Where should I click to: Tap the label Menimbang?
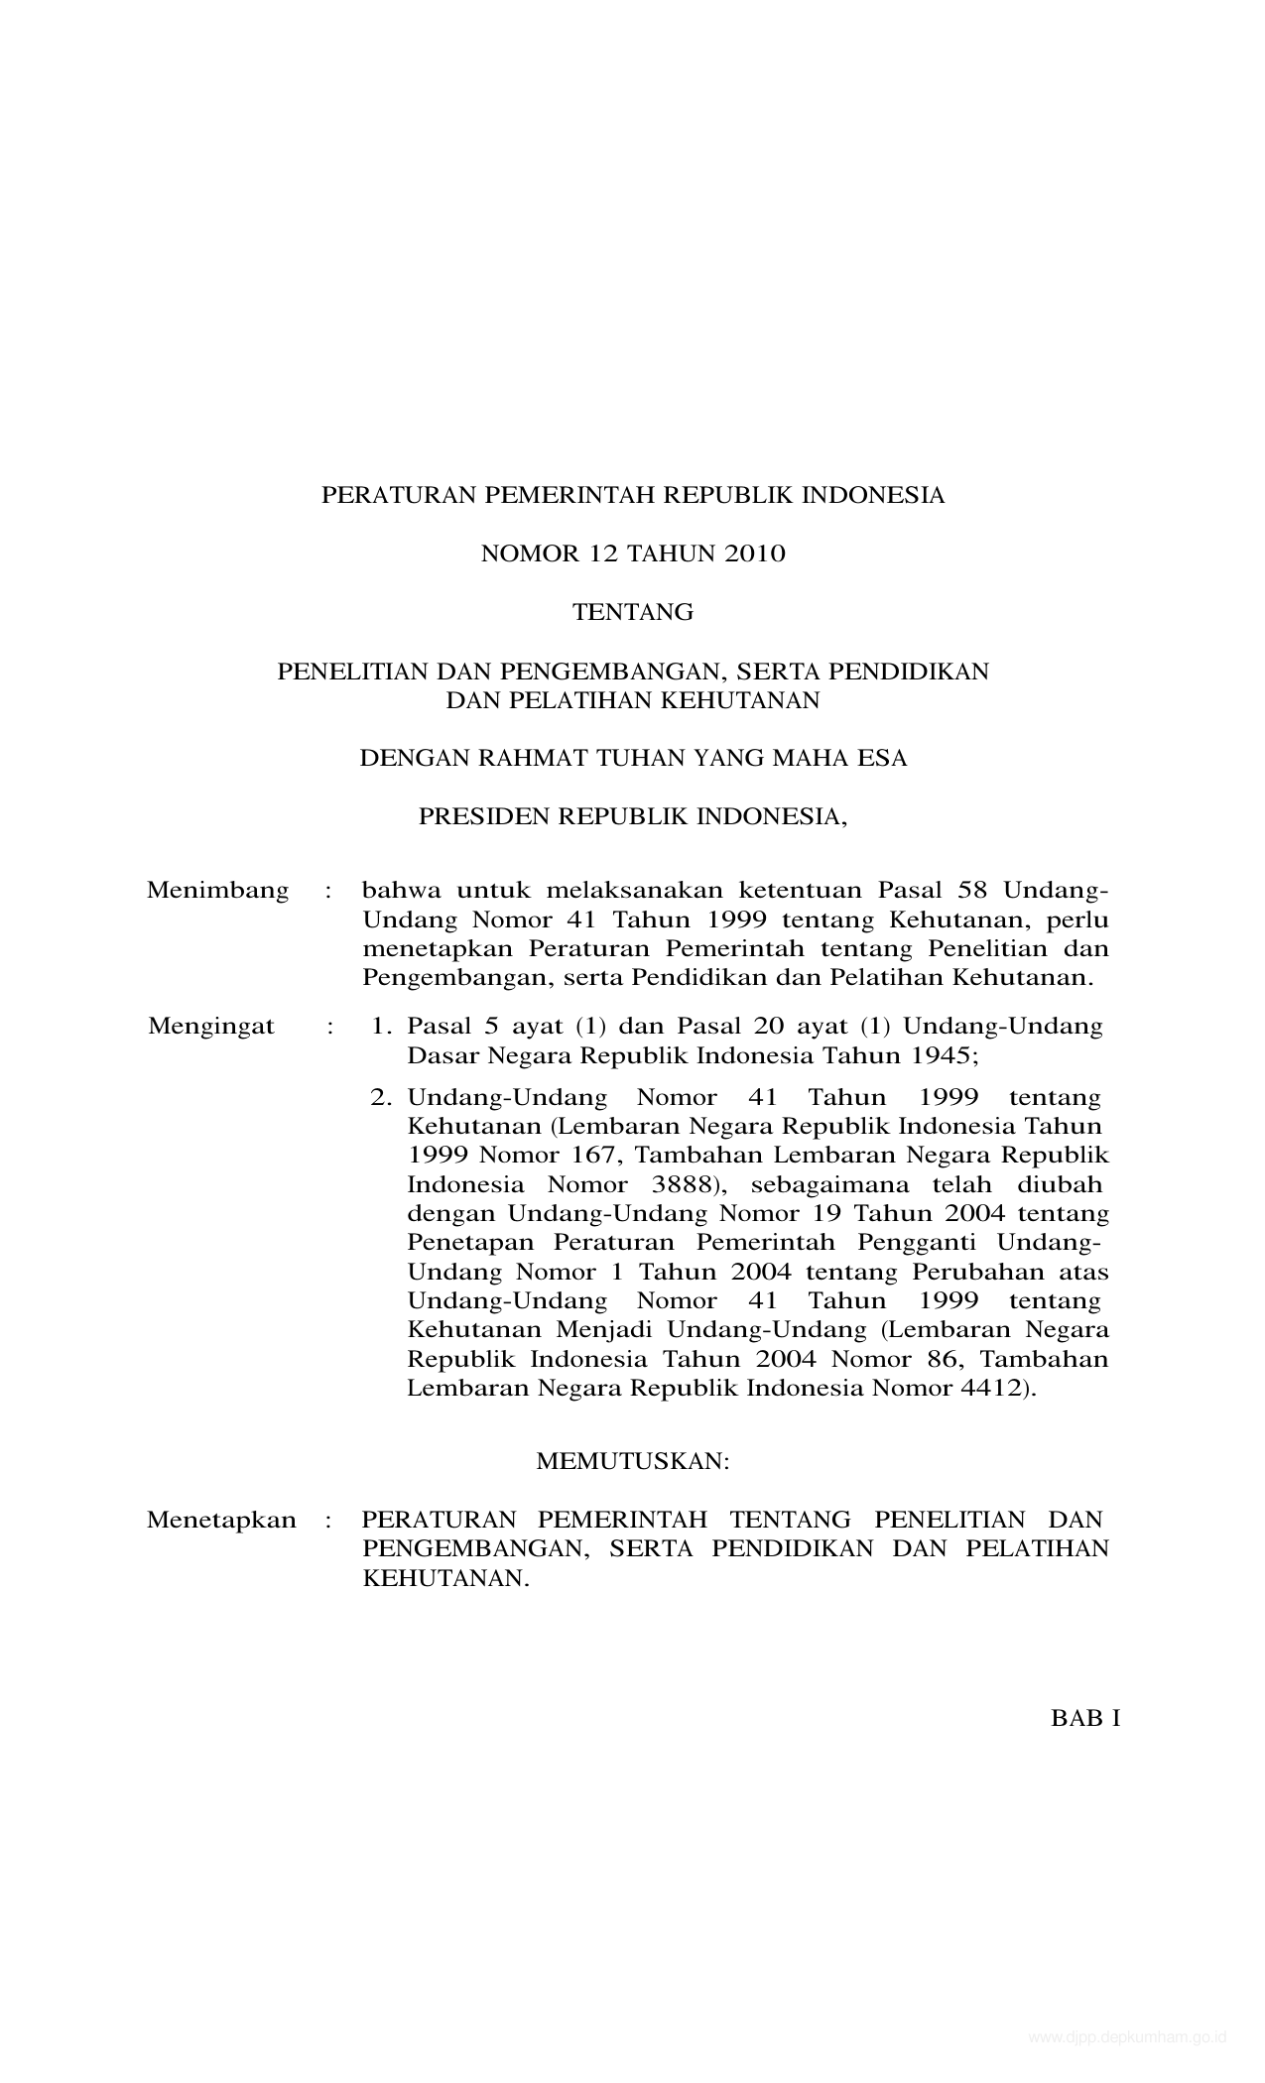pyautogui.click(x=217, y=890)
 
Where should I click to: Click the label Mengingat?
pyautogui.click(x=210, y=1026)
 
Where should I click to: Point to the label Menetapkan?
pyautogui.click(x=221, y=1520)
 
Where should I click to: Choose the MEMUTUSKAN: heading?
pyautogui.click(x=632, y=1461)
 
